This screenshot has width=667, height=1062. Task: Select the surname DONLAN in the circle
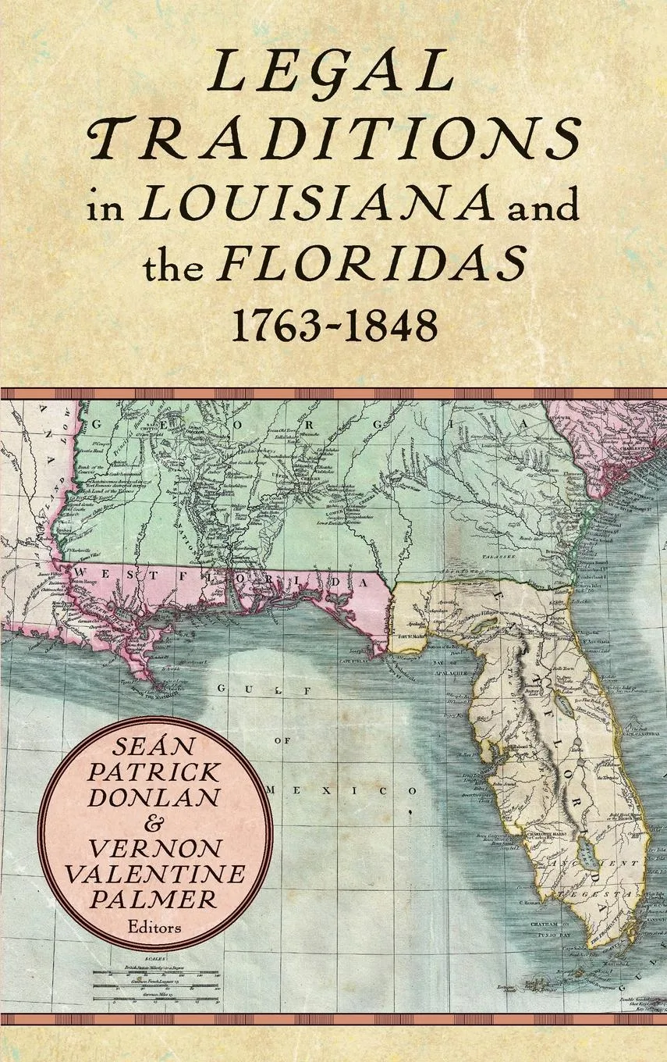pyautogui.click(x=156, y=798)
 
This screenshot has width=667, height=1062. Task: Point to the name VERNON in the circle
pyautogui.click(x=156, y=848)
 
